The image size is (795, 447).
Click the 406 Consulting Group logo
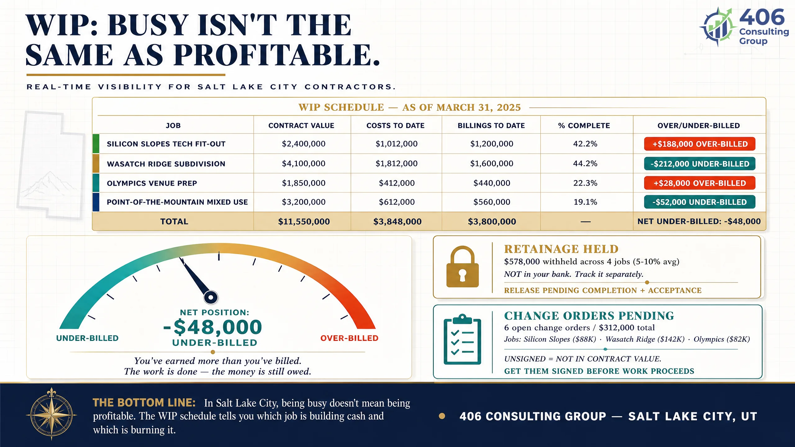coord(744,27)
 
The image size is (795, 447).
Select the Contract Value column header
coord(301,125)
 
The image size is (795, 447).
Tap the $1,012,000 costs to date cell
coord(397,144)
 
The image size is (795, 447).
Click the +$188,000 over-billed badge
coord(700,144)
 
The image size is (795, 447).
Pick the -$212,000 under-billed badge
coord(700,164)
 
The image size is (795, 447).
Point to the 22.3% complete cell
coord(585,183)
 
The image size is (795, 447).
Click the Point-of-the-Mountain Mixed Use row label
coord(177,202)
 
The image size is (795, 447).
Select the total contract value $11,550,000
coord(304,222)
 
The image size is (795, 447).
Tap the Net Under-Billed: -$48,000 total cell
coord(699,221)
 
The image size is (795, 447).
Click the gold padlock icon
coord(462,267)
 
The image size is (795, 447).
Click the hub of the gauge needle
coord(211,297)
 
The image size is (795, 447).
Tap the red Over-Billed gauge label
coord(349,338)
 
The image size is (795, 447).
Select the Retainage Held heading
coord(561,249)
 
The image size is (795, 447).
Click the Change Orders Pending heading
coord(589,316)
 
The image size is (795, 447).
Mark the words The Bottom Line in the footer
coord(144,403)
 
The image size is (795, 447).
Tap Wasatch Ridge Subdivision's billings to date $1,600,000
coord(492,164)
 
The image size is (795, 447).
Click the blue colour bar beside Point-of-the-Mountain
coord(96,202)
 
